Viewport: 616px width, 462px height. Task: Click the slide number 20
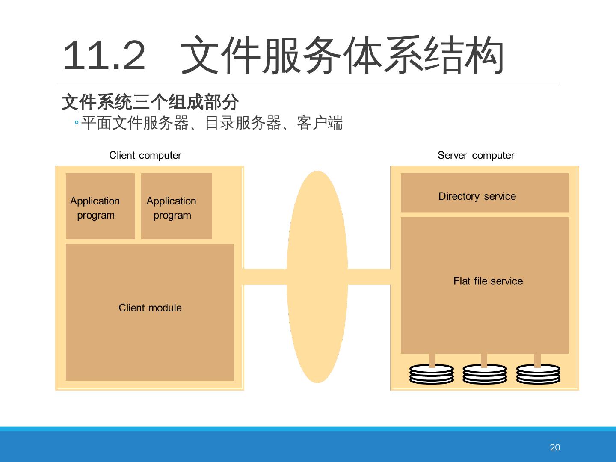point(554,447)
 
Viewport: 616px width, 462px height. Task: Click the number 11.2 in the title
point(104,56)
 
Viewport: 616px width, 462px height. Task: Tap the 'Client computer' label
point(145,155)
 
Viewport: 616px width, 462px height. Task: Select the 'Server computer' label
point(476,155)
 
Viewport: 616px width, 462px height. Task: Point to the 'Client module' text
point(150,308)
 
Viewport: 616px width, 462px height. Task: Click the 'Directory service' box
point(484,193)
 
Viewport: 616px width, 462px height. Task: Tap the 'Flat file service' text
point(488,281)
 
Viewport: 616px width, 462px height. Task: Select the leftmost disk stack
point(432,374)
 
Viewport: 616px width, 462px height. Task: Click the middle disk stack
point(485,374)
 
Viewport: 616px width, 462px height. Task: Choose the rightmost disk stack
point(538,374)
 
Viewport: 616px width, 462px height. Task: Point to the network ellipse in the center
point(317,277)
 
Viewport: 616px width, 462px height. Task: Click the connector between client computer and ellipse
point(265,277)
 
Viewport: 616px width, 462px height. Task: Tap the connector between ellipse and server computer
point(369,277)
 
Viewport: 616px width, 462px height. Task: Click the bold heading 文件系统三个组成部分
point(150,102)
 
